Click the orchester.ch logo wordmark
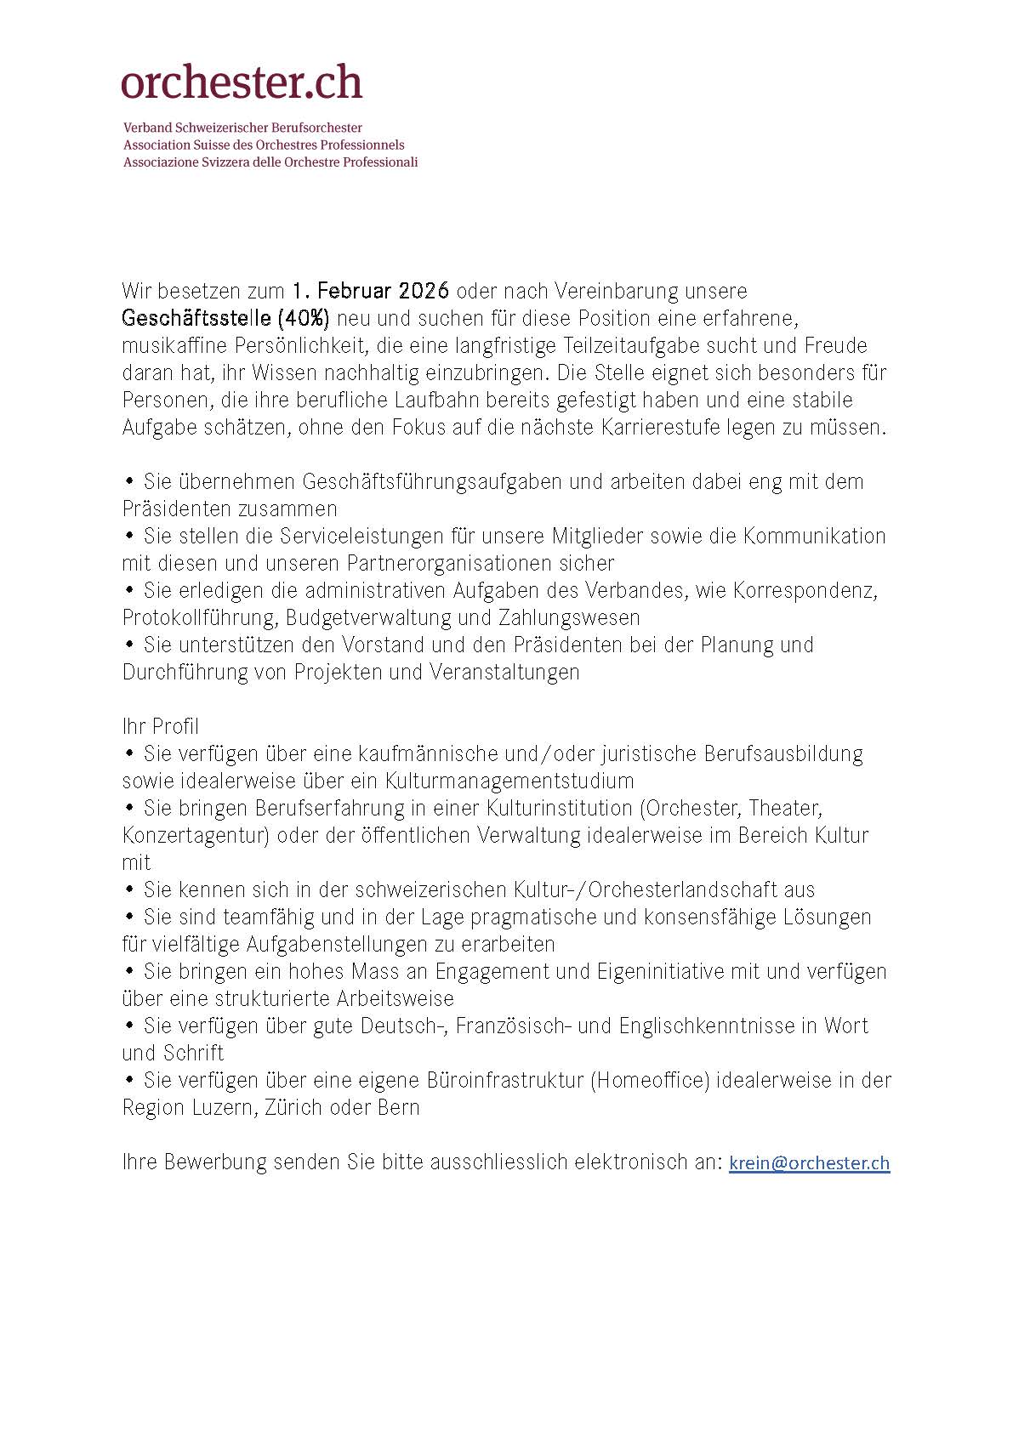tap(242, 82)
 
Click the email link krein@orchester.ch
tap(809, 1162)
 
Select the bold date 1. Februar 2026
tap(370, 291)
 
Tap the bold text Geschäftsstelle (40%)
tap(225, 318)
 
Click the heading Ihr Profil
tap(161, 726)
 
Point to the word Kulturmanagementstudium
tap(509, 781)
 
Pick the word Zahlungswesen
tap(570, 617)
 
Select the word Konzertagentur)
tap(196, 835)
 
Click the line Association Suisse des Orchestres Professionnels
tap(264, 145)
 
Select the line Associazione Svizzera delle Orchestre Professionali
tap(270, 162)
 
